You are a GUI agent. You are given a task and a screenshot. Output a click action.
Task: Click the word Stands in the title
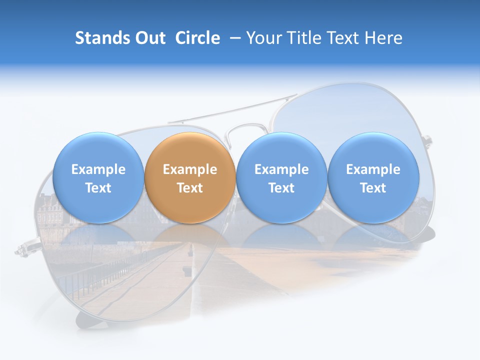click(100, 38)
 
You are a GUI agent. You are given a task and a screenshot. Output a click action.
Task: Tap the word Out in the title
click(149, 38)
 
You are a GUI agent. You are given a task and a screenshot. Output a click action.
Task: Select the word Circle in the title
click(197, 38)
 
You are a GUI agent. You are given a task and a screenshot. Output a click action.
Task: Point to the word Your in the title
click(264, 38)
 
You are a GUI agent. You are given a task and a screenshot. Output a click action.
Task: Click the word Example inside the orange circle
click(189, 169)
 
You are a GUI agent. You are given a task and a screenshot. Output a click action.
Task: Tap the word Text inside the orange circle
click(189, 188)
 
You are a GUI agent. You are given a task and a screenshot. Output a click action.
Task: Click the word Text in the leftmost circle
click(98, 188)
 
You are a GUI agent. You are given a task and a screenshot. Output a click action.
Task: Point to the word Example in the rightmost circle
click(373, 169)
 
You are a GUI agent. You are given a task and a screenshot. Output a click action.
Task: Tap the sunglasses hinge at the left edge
click(22, 248)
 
